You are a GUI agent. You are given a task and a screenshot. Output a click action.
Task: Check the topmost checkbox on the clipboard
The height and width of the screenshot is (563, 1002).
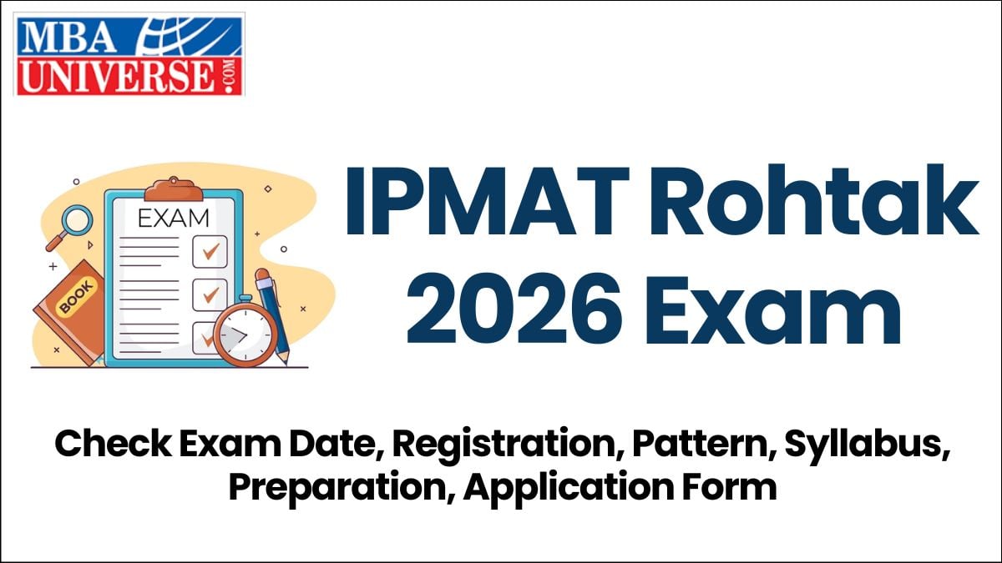coord(210,250)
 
